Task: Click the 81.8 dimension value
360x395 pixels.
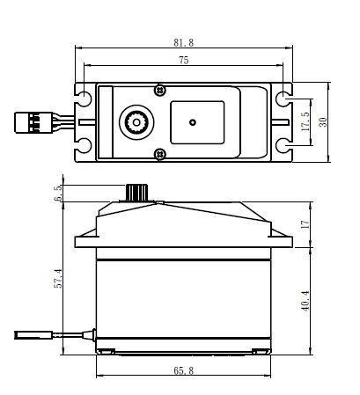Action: pos(183,41)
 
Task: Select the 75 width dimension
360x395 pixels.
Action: pos(182,61)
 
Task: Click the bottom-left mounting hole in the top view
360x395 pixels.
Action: pos(84,145)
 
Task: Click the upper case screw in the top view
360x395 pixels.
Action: pos(159,89)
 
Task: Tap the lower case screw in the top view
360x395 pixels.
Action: pos(159,154)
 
